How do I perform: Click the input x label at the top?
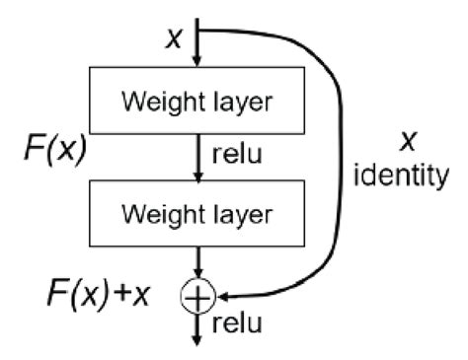point(175,37)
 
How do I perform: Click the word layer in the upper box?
point(241,102)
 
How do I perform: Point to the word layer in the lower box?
point(241,212)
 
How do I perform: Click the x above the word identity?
point(406,144)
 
